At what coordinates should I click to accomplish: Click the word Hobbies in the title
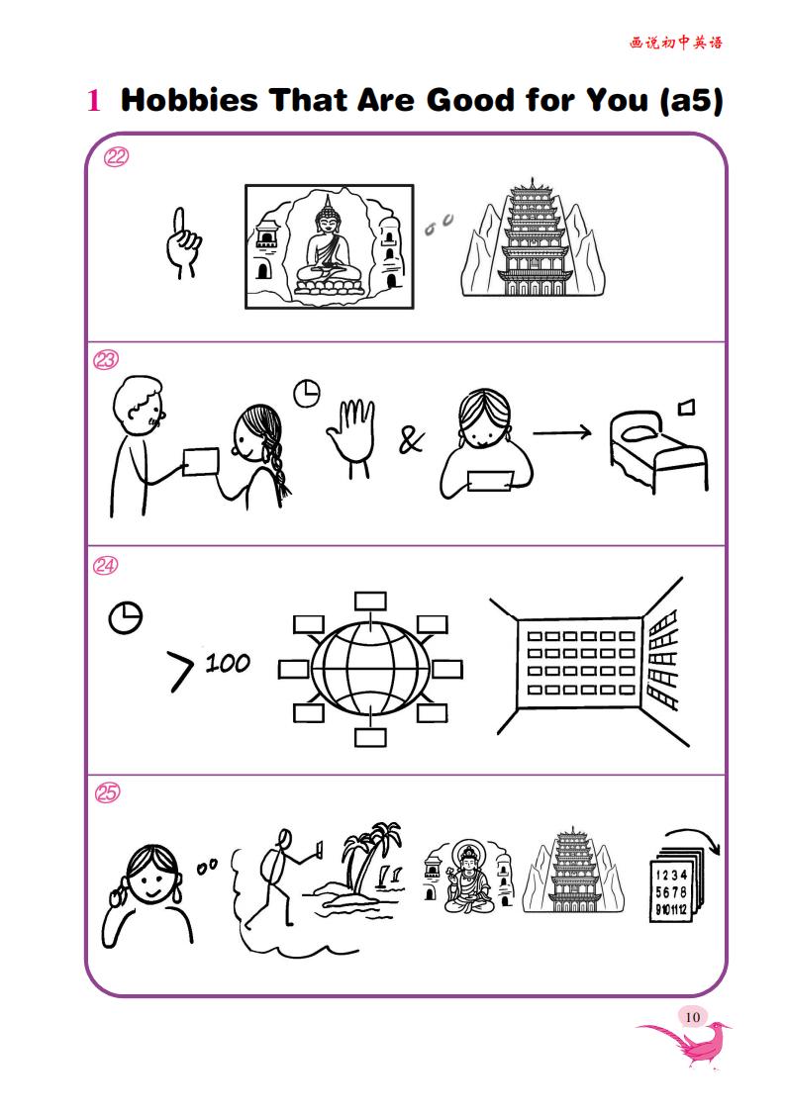(x=189, y=99)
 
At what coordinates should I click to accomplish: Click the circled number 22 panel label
(x=116, y=156)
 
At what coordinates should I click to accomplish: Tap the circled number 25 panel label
(x=107, y=792)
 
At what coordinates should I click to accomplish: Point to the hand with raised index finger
(x=183, y=242)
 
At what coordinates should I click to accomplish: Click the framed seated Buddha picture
(x=330, y=246)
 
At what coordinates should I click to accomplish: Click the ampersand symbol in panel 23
(x=411, y=440)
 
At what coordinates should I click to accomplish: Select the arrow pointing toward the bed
(x=562, y=431)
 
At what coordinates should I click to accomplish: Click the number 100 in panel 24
(x=229, y=664)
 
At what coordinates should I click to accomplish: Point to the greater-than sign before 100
(x=180, y=671)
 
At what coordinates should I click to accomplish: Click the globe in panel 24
(x=370, y=669)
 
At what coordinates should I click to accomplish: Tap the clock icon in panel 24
(x=126, y=618)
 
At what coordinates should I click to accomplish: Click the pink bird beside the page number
(x=683, y=1042)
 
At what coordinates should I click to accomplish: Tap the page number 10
(x=692, y=1017)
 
